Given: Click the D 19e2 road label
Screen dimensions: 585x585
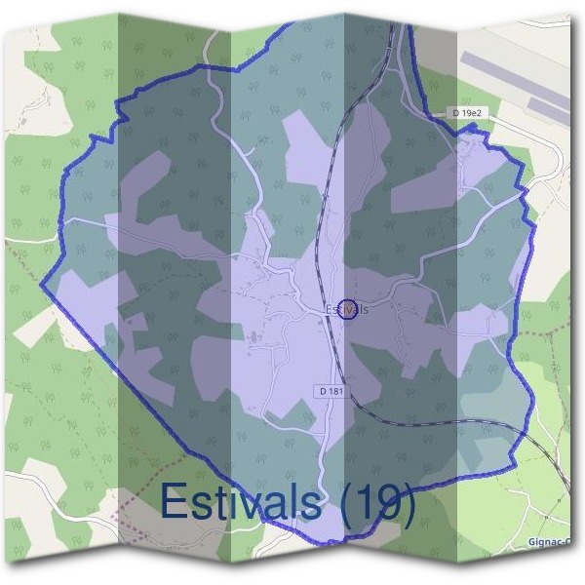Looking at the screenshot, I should click(x=468, y=114).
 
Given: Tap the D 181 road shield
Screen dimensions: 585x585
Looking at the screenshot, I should click(x=331, y=391).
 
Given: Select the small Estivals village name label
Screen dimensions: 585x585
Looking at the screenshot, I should click(x=348, y=309).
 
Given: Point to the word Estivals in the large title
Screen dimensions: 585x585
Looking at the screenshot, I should click(x=240, y=502).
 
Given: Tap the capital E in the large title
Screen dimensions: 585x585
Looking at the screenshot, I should click(x=173, y=502).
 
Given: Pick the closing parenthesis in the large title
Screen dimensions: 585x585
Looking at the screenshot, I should click(x=409, y=504).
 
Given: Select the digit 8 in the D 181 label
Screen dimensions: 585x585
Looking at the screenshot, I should click(x=334, y=391).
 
